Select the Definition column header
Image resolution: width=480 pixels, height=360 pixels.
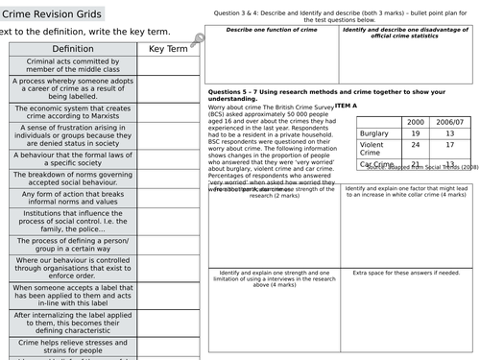(73, 48)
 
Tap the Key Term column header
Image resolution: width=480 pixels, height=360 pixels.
(168, 48)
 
